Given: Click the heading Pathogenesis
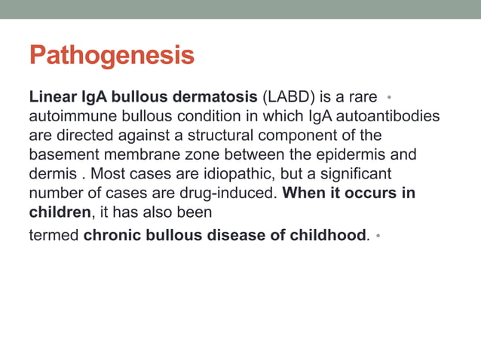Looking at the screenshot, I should coord(111,56).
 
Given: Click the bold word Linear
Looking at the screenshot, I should coord(52,98).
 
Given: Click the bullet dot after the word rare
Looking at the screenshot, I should coord(388,98).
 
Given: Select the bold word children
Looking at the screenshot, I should coord(59,212).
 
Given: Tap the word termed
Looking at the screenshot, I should coord(53,235).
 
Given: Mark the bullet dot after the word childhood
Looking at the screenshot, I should coord(378,236).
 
